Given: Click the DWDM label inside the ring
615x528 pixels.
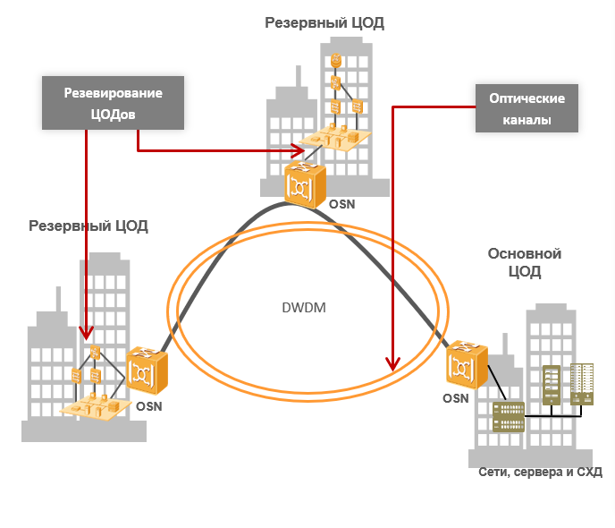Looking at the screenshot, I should coord(304,308).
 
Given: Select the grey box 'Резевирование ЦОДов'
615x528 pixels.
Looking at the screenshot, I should coord(114,103).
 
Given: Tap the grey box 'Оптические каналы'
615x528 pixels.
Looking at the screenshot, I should coord(526,108).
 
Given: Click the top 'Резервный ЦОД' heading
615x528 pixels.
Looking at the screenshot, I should coord(324,22).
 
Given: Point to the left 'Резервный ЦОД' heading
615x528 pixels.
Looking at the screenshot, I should coord(88,226).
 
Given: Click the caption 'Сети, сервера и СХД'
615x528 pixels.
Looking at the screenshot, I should coord(540,473).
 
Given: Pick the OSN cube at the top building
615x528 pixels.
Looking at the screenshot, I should coord(305,184).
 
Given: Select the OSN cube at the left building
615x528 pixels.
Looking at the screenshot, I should coord(146,370).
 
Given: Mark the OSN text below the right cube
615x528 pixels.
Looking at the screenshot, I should coord(456,399).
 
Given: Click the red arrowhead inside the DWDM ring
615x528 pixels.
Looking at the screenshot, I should coord(392,363).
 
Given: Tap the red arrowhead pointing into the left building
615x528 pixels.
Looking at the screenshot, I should coord(87,334).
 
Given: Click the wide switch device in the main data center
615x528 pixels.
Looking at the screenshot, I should coord(510,418).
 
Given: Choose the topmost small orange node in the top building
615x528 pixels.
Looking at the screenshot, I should coord(336,61).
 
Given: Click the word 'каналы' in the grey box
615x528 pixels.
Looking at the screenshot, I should coord(526,119).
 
